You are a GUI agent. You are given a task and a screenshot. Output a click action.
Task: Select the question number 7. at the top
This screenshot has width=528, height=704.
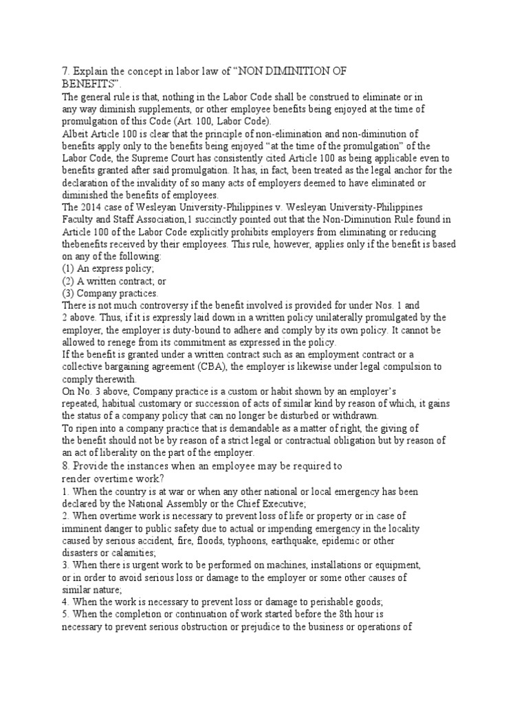pyautogui.click(x=66, y=70)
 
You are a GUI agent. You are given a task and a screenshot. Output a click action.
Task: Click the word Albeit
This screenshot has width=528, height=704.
pyautogui.click(x=74, y=133)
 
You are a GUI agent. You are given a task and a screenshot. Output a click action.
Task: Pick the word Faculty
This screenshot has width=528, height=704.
pyautogui.click(x=77, y=219)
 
